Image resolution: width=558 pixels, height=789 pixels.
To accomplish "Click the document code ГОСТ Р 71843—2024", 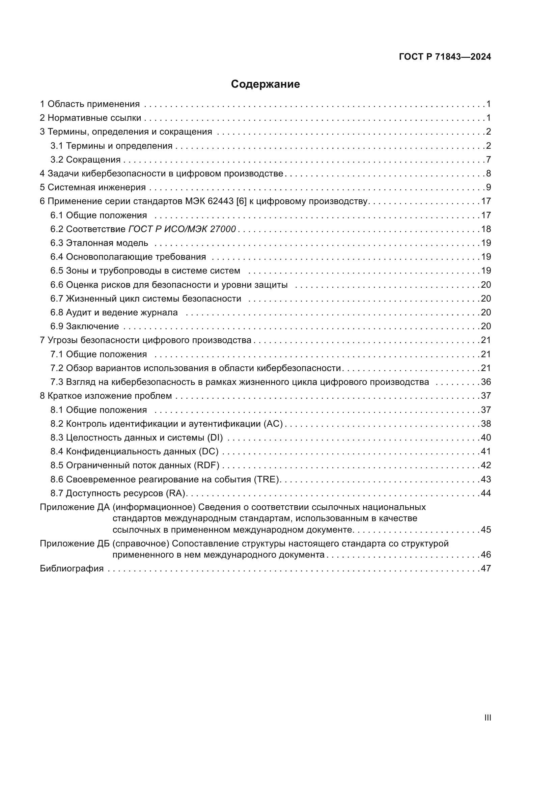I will tap(445, 57).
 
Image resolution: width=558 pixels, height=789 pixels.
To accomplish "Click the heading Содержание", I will tap(265, 84).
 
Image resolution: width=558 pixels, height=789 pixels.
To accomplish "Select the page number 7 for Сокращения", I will tap(488, 160).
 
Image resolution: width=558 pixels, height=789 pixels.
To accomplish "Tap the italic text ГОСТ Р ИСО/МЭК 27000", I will tap(182, 229).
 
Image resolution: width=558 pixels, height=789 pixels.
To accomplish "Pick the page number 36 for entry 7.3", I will tap(485, 382).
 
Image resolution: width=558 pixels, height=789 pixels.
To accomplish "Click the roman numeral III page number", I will tap(487, 717).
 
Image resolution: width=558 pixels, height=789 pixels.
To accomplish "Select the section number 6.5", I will tap(57, 271).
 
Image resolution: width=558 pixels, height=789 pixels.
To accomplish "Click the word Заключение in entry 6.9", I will tap(92, 326).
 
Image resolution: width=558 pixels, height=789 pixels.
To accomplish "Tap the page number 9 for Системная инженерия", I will tap(488, 187).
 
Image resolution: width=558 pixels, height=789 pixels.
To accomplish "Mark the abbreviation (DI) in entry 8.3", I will tap(215, 438).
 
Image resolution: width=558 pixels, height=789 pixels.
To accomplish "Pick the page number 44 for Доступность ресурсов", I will tap(485, 493).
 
